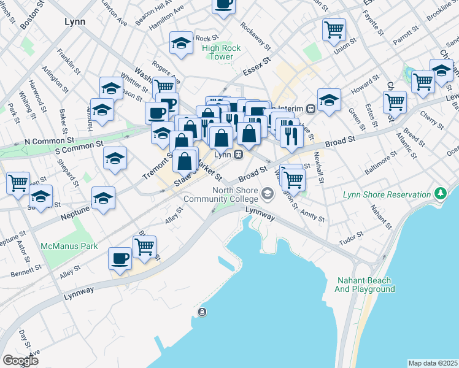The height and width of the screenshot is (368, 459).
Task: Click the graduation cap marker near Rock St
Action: pos(181,43)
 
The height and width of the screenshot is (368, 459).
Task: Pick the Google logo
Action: pos(20,361)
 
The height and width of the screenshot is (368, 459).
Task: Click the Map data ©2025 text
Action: pos(432,363)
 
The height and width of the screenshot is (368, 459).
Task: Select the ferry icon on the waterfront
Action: pos(202,313)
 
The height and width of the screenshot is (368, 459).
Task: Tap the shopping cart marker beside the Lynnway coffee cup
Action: pos(145,246)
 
